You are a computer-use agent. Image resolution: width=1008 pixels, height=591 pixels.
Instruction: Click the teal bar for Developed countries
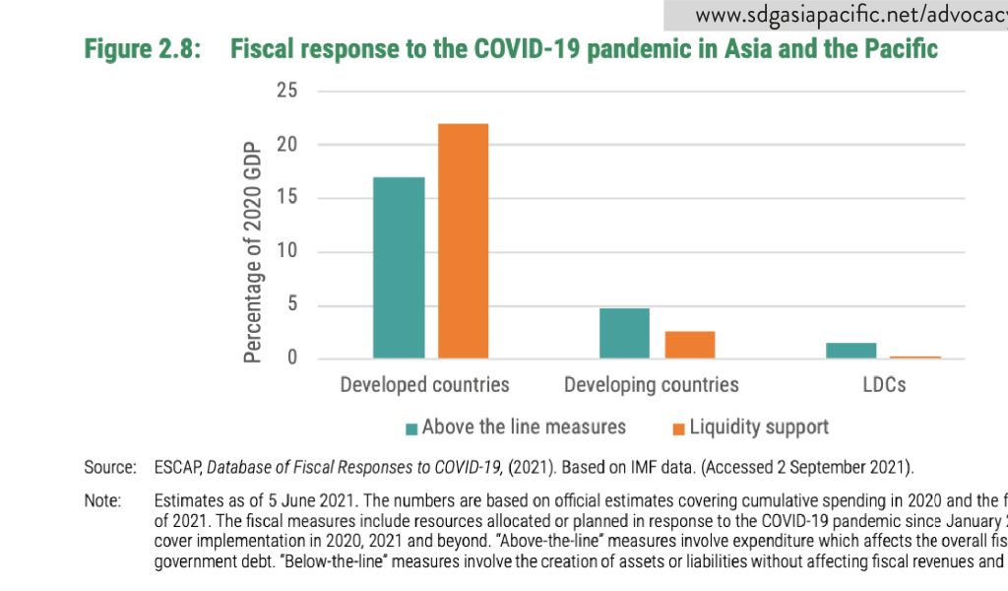coord(399,267)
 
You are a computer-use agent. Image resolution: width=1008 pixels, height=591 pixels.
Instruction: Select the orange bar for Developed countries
coord(463,240)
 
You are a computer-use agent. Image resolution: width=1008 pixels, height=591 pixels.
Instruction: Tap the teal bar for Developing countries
coord(624,333)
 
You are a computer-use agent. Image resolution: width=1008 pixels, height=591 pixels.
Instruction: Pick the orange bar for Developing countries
coord(689,345)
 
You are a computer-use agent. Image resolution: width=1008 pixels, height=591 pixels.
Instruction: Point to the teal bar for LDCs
coord(850,351)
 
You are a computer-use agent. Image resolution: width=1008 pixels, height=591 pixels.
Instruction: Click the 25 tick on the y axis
coord(286,92)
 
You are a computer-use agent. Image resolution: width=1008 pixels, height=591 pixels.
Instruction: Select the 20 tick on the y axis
coord(286,145)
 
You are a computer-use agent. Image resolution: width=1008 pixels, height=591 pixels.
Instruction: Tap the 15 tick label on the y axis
coord(286,198)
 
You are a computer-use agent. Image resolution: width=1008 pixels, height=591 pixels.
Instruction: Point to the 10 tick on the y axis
coord(286,251)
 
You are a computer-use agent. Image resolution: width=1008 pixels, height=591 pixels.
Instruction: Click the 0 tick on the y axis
coord(291,358)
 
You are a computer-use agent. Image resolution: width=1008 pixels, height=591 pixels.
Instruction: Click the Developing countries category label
coord(651,384)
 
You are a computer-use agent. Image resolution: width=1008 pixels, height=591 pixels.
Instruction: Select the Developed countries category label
coord(424,384)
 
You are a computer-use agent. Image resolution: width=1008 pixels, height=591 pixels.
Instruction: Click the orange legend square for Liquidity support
coord(678,428)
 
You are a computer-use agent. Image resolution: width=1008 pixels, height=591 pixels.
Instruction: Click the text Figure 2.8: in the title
coord(143,49)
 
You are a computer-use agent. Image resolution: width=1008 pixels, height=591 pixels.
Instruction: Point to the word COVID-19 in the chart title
coord(527,49)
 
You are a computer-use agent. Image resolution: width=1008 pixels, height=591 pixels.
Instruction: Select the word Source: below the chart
coord(109,466)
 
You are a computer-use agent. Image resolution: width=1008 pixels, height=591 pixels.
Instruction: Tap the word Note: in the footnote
coord(102,501)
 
